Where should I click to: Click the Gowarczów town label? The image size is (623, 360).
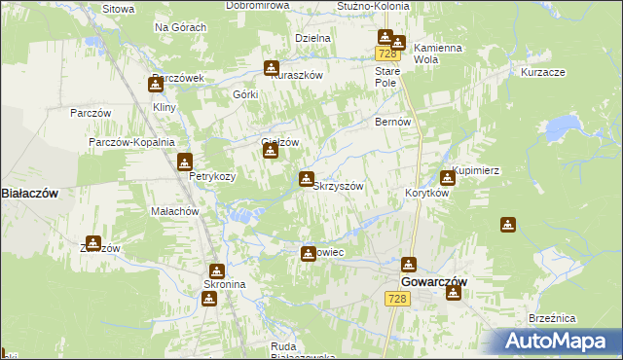(434, 281)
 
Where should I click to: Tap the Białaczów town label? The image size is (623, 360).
(29, 194)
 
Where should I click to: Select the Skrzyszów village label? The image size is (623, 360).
(338, 186)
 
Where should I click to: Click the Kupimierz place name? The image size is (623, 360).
(476, 170)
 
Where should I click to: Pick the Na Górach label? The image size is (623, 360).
(180, 27)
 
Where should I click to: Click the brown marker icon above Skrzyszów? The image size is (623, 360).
(307, 178)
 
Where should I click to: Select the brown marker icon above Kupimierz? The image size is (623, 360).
(447, 177)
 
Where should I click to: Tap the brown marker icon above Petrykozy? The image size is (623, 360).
(184, 162)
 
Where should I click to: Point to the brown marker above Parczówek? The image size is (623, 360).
(155, 85)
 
